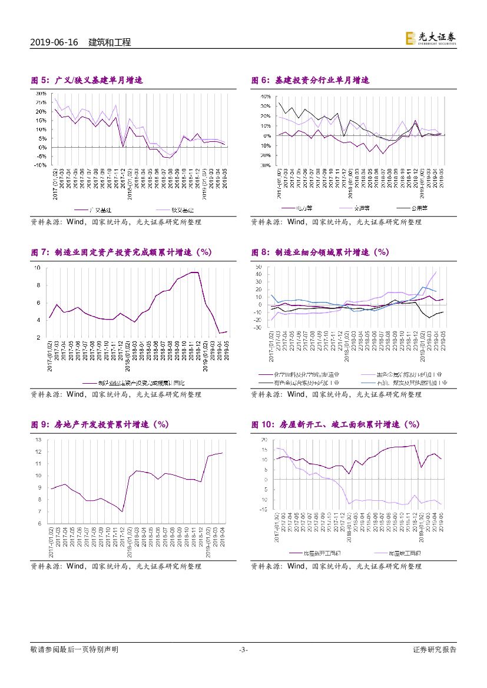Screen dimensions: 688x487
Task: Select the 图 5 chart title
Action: (x=87, y=80)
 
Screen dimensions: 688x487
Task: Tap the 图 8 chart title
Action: (x=320, y=252)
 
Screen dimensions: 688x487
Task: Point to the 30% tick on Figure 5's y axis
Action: (x=41, y=94)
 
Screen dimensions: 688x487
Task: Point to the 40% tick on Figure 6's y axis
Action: (x=265, y=96)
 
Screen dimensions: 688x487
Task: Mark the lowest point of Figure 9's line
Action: (x=122, y=511)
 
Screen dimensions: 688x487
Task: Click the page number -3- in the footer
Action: (x=243, y=650)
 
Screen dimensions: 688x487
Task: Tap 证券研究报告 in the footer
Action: (x=435, y=650)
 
